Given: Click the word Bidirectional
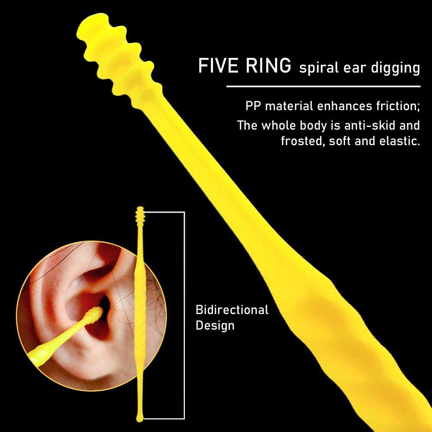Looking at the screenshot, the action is tap(232, 310).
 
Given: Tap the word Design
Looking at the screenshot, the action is tap(215, 325).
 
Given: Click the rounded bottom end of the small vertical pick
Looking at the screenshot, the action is tap(140, 416).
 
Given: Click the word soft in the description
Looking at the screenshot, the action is tap(341, 141).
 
